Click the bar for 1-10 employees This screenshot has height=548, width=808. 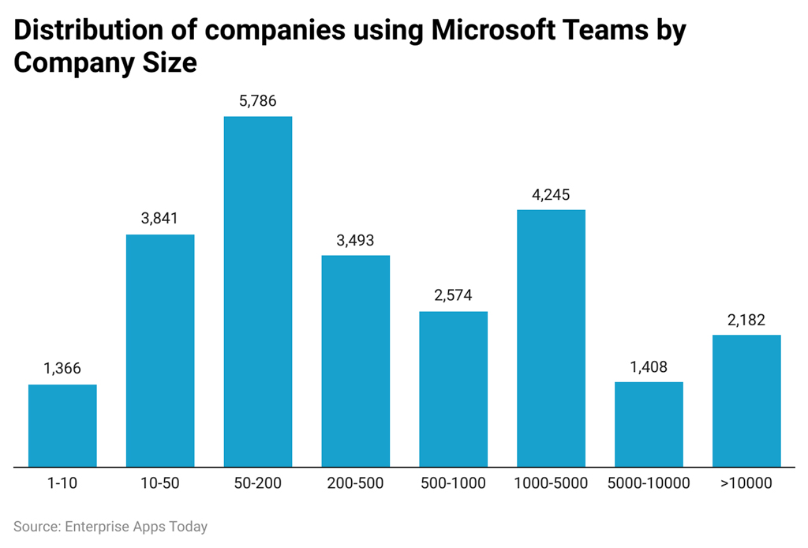click(x=62, y=426)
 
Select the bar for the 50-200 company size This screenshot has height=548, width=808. click(x=258, y=291)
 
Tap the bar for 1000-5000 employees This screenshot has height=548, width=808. click(x=551, y=338)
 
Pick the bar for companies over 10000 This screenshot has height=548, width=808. click(x=746, y=400)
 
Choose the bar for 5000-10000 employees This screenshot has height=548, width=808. click(x=649, y=424)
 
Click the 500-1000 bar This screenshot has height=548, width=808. click(x=453, y=388)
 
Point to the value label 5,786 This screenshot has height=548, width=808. click(x=258, y=102)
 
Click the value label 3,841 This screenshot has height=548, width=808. click(x=160, y=220)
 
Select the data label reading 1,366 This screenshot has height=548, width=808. click(x=62, y=369)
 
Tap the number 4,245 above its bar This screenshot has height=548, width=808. click(x=551, y=194)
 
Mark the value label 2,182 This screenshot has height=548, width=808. click(x=746, y=320)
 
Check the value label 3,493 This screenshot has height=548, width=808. click(x=355, y=240)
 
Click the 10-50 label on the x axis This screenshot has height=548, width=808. click(x=160, y=483)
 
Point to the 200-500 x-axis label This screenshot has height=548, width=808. click(x=355, y=483)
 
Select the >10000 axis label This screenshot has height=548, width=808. click(x=746, y=483)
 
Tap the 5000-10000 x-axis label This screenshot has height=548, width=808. click(x=649, y=483)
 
